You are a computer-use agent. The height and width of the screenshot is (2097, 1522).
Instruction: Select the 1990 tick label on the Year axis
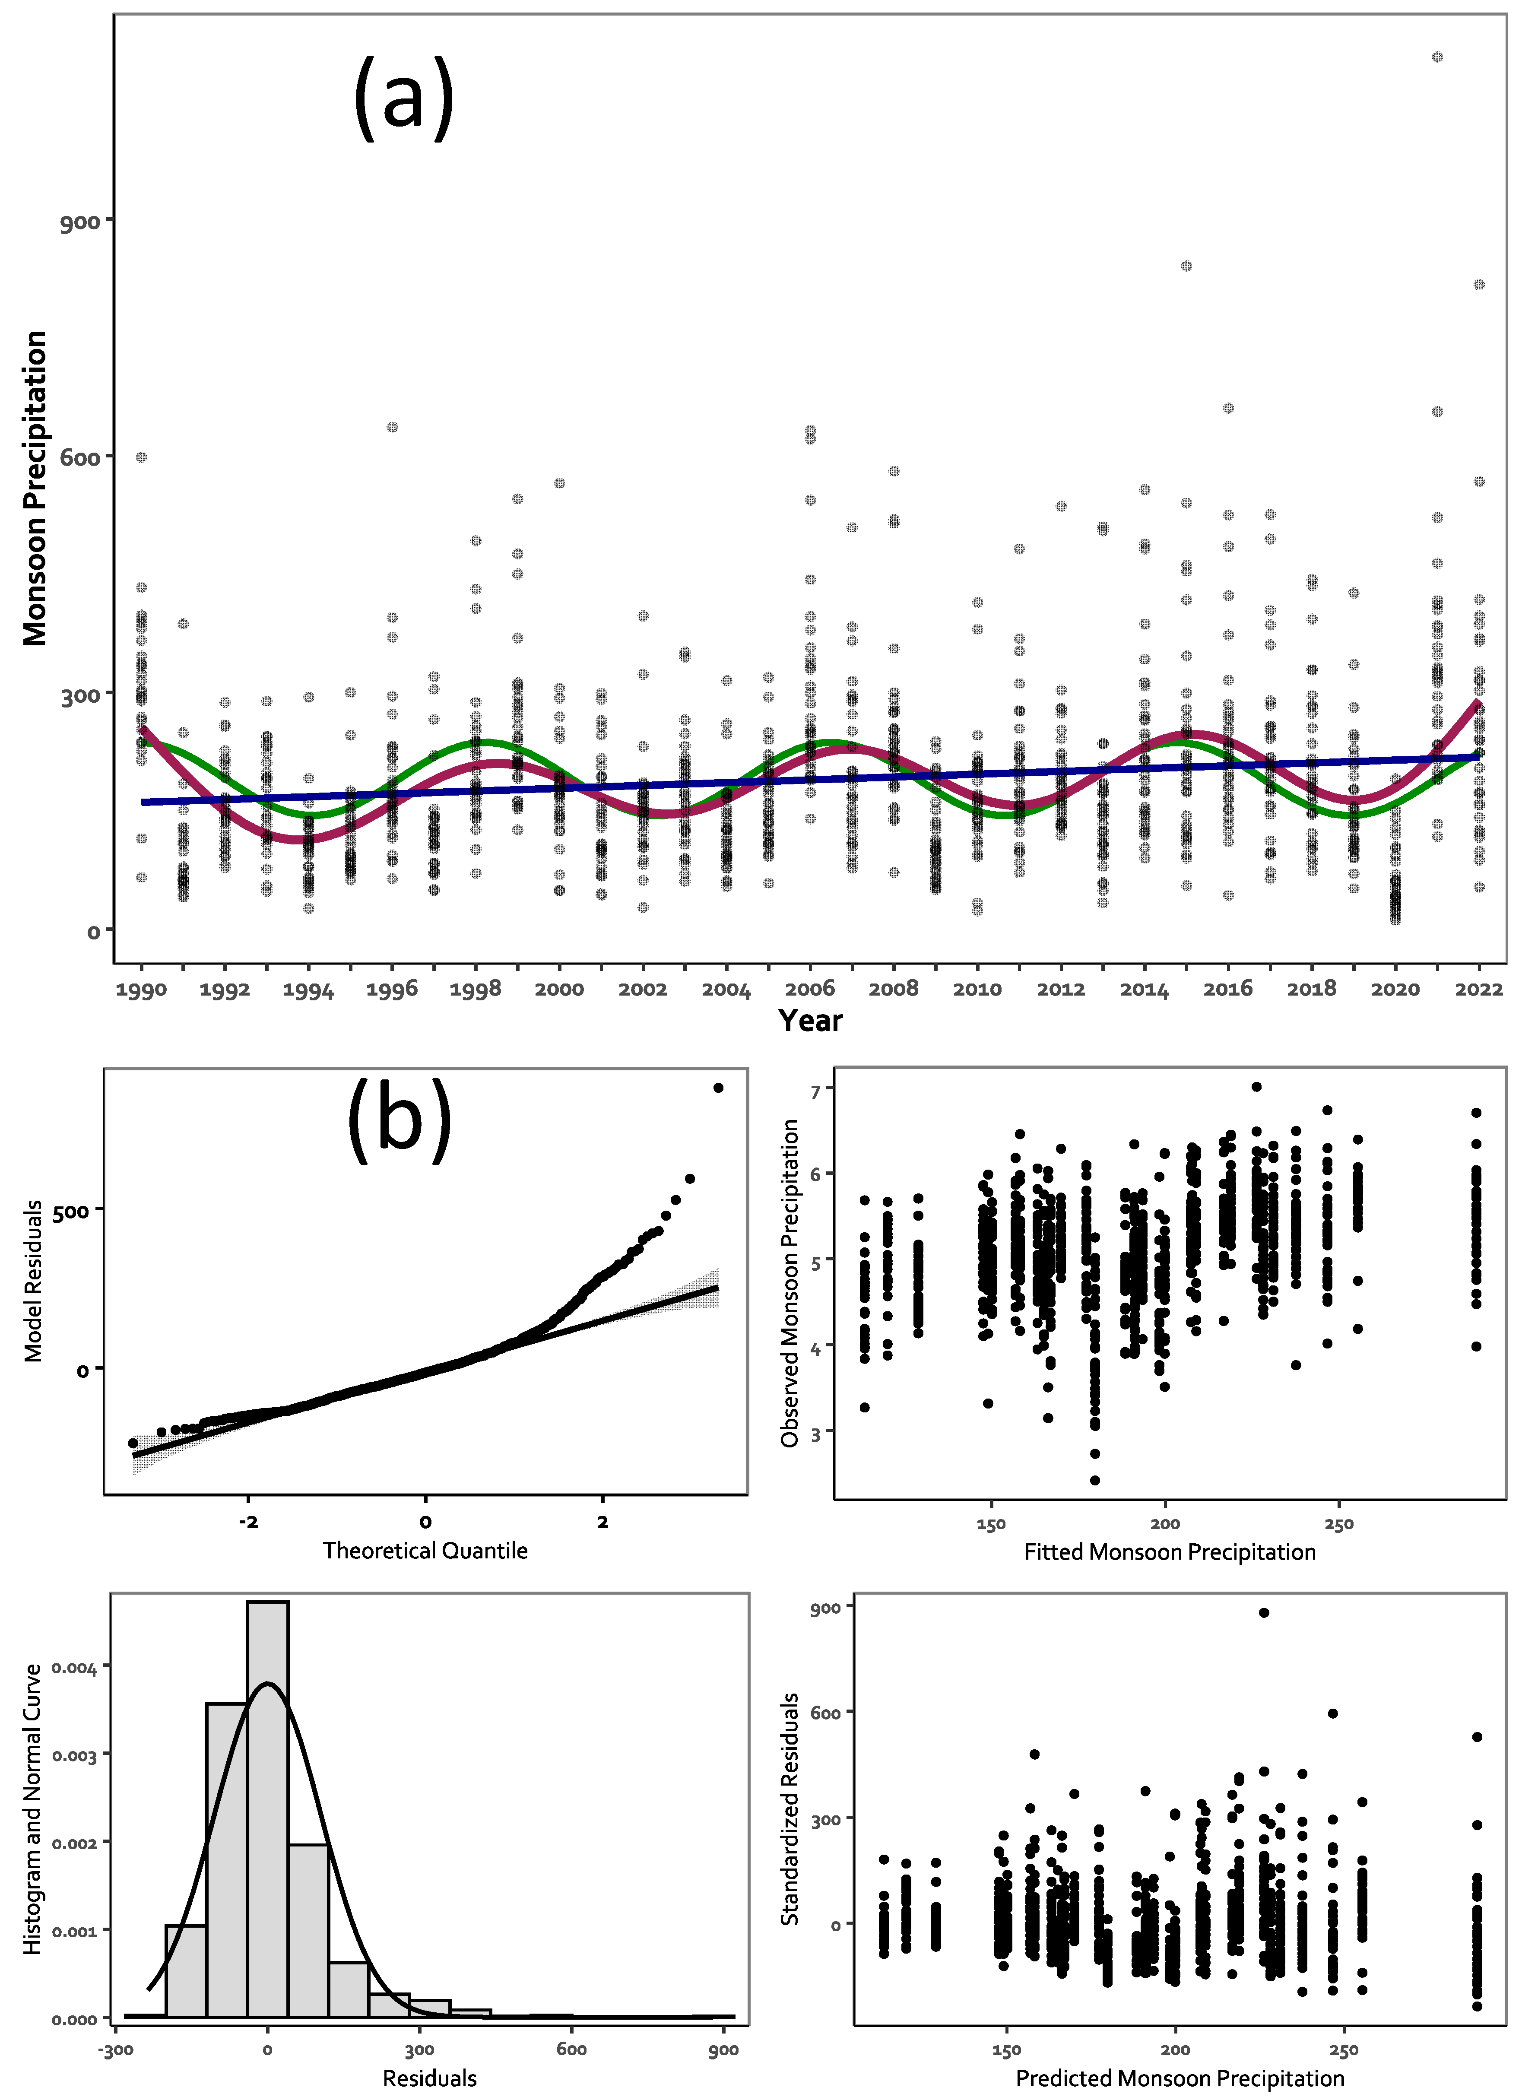(142, 989)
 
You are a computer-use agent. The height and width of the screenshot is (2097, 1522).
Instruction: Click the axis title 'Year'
(810, 1021)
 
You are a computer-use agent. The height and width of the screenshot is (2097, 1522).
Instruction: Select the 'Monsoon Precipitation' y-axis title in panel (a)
(35, 488)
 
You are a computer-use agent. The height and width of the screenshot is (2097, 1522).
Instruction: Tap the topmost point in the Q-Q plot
(719, 1087)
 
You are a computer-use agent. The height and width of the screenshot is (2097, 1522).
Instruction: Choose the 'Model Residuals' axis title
(33, 1281)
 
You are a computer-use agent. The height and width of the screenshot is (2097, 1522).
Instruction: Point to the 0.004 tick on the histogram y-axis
(74, 1667)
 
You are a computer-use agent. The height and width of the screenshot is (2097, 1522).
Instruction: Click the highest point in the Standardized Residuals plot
(1264, 1612)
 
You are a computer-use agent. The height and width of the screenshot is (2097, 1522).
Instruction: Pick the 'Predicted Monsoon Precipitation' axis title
(1180, 2078)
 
